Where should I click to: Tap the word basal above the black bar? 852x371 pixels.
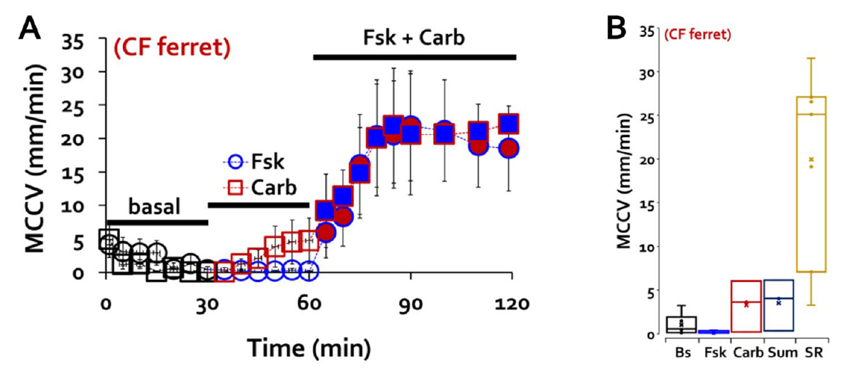point(155,208)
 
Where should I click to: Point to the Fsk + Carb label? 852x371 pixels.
point(415,38)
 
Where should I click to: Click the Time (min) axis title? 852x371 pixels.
point(308,348)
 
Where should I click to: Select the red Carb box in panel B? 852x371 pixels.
point(746,306)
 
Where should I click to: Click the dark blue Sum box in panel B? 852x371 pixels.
point(778,305)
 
